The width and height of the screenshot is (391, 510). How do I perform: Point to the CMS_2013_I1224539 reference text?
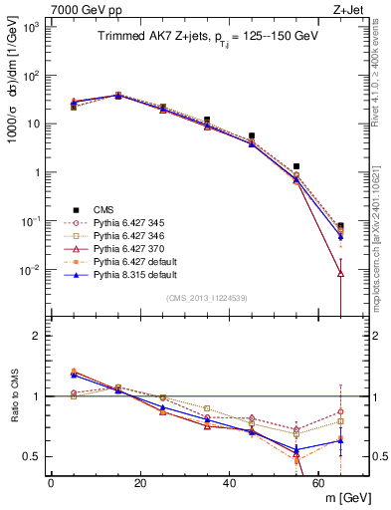[x=207, y=297]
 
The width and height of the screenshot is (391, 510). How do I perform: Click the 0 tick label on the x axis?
[x=51, y=482]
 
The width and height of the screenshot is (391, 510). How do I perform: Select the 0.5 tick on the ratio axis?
[x=32, y=456]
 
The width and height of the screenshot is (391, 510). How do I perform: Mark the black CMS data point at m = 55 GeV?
[x=296, y=166]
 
